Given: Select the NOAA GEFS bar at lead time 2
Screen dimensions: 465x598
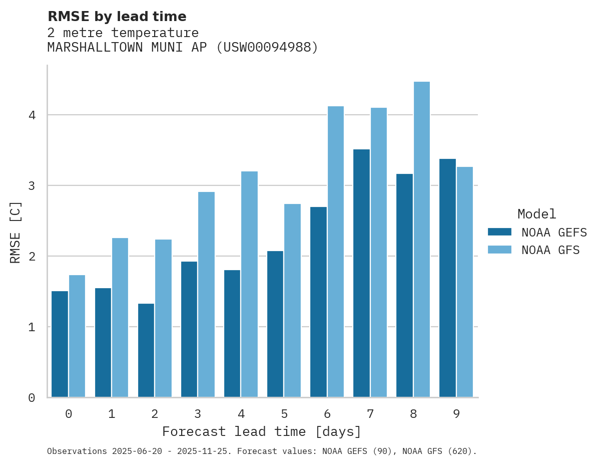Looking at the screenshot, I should point(146,350).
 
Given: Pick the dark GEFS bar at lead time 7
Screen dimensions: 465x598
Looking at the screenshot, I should point(361,273).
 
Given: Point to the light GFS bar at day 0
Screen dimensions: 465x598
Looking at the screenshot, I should point(77,336).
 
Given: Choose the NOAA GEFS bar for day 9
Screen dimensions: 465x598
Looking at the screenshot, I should point(447,278).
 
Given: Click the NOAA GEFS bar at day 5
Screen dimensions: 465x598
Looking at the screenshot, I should point(275,324).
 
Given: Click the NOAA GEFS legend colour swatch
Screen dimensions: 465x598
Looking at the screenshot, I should point(499,232).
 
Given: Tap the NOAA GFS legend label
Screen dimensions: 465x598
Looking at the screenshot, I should point(550,250).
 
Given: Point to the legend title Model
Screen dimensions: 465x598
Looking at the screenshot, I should point(536,214).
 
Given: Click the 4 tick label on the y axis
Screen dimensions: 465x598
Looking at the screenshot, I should point(32,115).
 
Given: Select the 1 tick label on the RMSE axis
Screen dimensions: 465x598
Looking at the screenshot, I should point(32,327).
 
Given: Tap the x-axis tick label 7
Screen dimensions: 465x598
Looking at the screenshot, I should point(370,414).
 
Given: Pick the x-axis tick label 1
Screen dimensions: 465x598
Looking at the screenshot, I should point(112,414).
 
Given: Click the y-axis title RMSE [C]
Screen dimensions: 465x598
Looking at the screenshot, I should point(16,232).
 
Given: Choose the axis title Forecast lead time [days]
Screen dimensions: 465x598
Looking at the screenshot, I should point(262,432).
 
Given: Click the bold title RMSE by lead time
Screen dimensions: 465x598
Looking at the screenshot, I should point(117,17).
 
